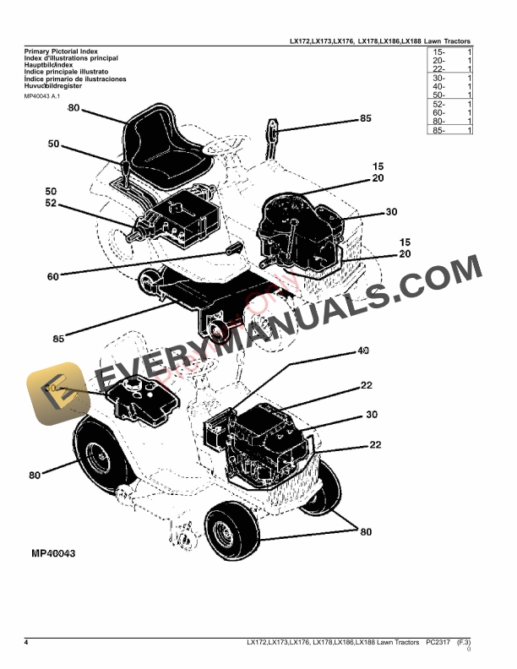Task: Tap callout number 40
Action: point(364,351)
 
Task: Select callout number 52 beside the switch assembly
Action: point(51,204)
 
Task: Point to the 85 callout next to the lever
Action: point(365,119)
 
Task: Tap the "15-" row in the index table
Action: point(440,53)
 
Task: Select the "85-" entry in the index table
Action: point(440,130)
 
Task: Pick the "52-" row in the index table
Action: point(440,104)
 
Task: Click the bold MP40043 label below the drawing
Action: point(54,554)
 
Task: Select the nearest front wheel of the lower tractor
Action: point(230,530)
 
